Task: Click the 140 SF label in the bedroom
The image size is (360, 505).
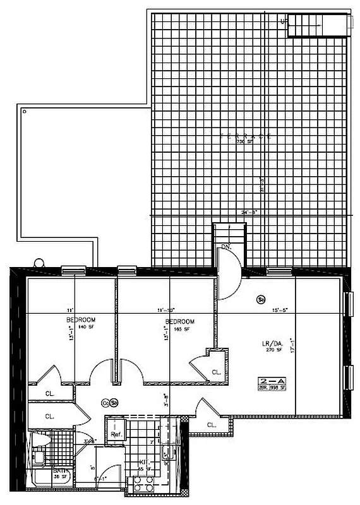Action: (x=81, y=329)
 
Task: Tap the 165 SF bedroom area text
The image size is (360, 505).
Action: (x=179, y=330)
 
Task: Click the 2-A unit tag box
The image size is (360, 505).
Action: (x=272, y=383)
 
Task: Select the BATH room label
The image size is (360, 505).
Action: (x=42, y=472)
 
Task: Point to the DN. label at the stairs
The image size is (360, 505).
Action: (x=226, y=247)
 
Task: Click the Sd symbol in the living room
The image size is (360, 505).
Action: (x=261, y=300)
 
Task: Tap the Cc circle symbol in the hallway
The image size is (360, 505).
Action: (x=105, y=402)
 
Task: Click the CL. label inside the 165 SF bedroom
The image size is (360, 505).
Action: (x=215, y=372)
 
